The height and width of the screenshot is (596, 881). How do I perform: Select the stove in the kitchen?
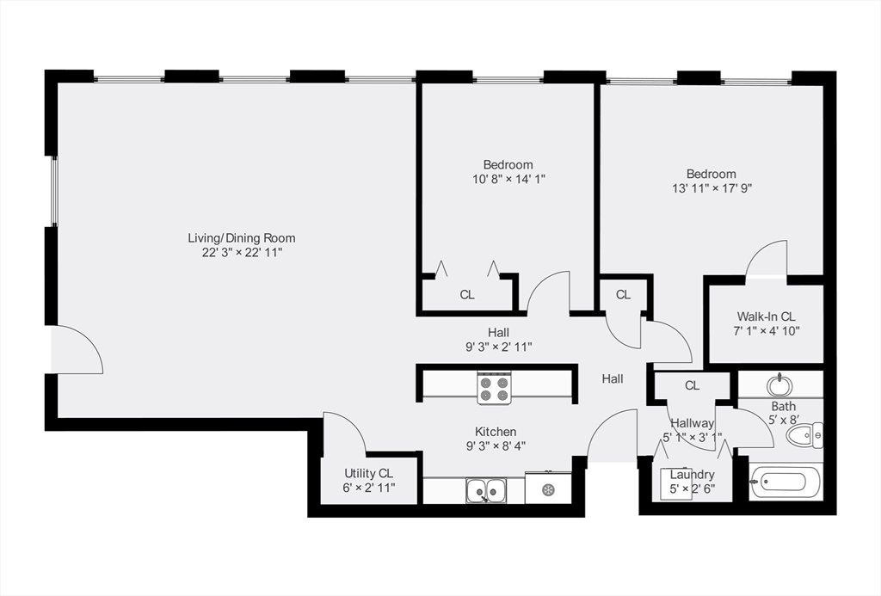(495, 388)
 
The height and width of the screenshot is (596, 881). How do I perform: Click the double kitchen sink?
(486, 491)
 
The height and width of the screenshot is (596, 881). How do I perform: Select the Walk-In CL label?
(766, 316)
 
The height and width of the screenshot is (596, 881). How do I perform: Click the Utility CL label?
(368, 473)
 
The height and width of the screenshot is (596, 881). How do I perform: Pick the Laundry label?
(692, 475)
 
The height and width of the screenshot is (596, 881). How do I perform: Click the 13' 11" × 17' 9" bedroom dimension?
(712, 188)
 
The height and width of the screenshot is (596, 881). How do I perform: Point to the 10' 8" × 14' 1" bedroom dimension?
(508, 179)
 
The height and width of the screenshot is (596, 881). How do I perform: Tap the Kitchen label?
(496, 432)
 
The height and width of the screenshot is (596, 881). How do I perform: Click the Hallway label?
(692, 423)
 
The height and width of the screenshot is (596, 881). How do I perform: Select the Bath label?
(783, 406)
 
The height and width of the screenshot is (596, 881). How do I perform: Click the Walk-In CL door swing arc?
(767, 258)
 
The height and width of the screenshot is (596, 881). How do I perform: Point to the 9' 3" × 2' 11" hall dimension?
(498, 347)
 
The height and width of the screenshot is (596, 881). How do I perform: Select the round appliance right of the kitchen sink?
(548, 489)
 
